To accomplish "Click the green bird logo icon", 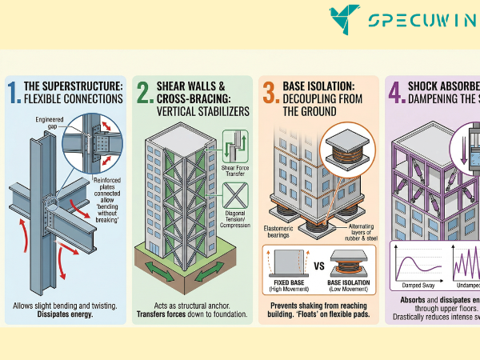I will [346, 19].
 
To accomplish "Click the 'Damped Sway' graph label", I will [415, 285].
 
